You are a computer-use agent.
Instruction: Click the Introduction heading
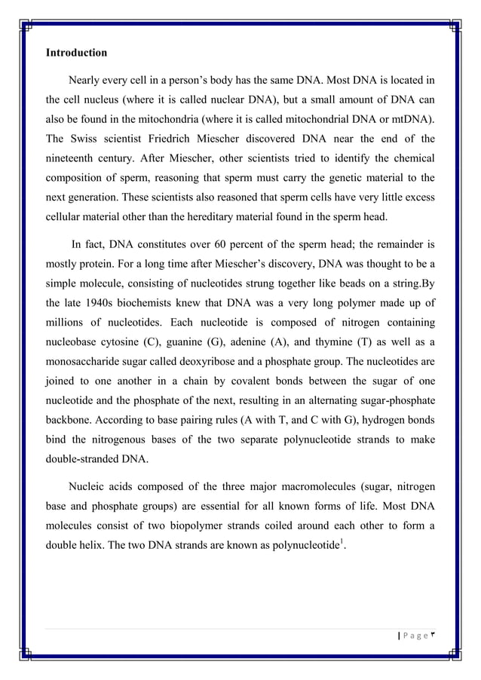click(76, 54)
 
